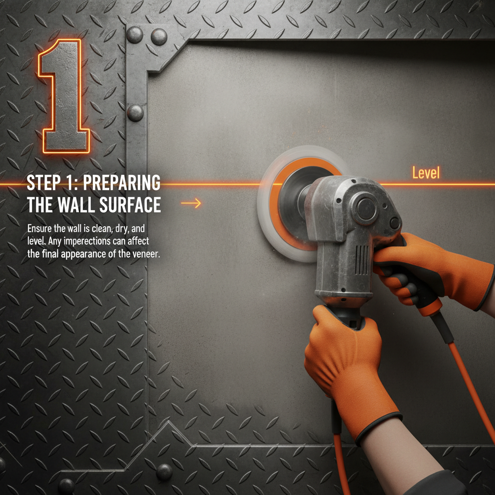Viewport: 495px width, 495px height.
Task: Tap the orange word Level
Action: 426,173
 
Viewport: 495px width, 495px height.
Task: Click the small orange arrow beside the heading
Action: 191,203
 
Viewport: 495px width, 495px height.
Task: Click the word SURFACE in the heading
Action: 130,205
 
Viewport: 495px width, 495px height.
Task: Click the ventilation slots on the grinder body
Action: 362,260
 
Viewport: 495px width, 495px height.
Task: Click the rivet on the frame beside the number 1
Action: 135,113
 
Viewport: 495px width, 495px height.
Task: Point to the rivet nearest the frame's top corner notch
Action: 159,37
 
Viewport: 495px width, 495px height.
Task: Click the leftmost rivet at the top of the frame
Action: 134,34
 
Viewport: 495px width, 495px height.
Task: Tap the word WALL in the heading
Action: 77,205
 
